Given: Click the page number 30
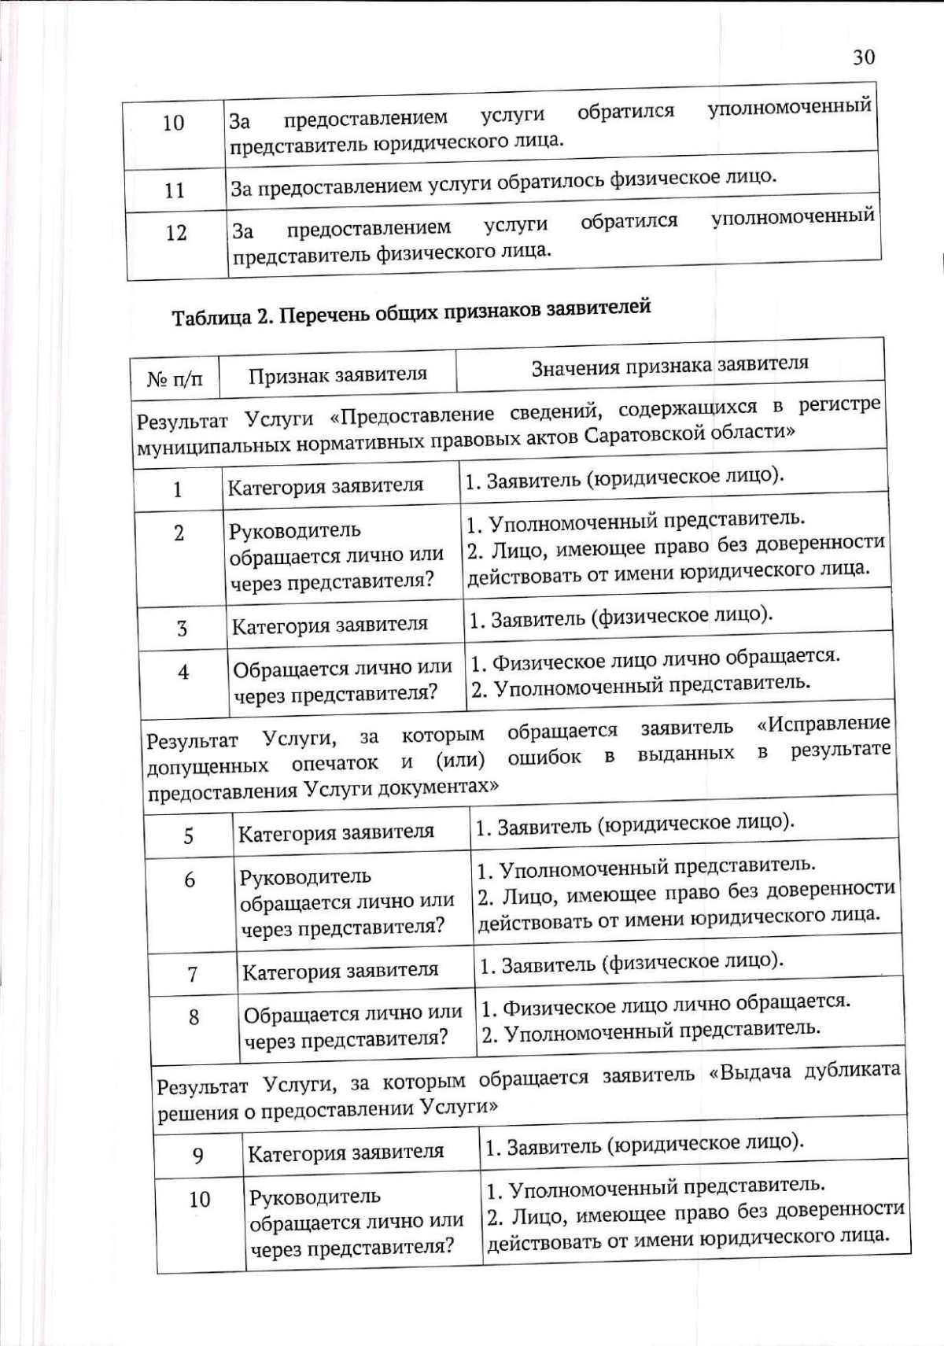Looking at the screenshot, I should pos(863,57).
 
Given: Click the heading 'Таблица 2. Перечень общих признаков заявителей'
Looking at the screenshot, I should pos(411,312).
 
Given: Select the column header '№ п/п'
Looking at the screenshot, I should pos(175,379).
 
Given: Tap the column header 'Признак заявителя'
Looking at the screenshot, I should pos(337,374).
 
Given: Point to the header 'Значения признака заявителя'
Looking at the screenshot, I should pos(669,365).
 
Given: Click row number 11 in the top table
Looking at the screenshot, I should pos(174,190).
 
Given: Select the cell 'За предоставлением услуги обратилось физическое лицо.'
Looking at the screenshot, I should pos(503,182).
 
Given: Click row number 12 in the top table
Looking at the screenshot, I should pos(176,233).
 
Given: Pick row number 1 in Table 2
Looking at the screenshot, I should pos(177,489).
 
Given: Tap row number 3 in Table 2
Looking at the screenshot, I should pos(182,629).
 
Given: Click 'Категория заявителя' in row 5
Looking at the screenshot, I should pos(336,832).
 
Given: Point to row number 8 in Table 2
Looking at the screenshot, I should pos(194,1018).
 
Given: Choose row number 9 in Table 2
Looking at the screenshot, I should pos(197,1156).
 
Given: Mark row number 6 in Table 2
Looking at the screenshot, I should pos(190,880).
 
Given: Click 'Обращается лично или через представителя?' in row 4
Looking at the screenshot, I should pos(342,681).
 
